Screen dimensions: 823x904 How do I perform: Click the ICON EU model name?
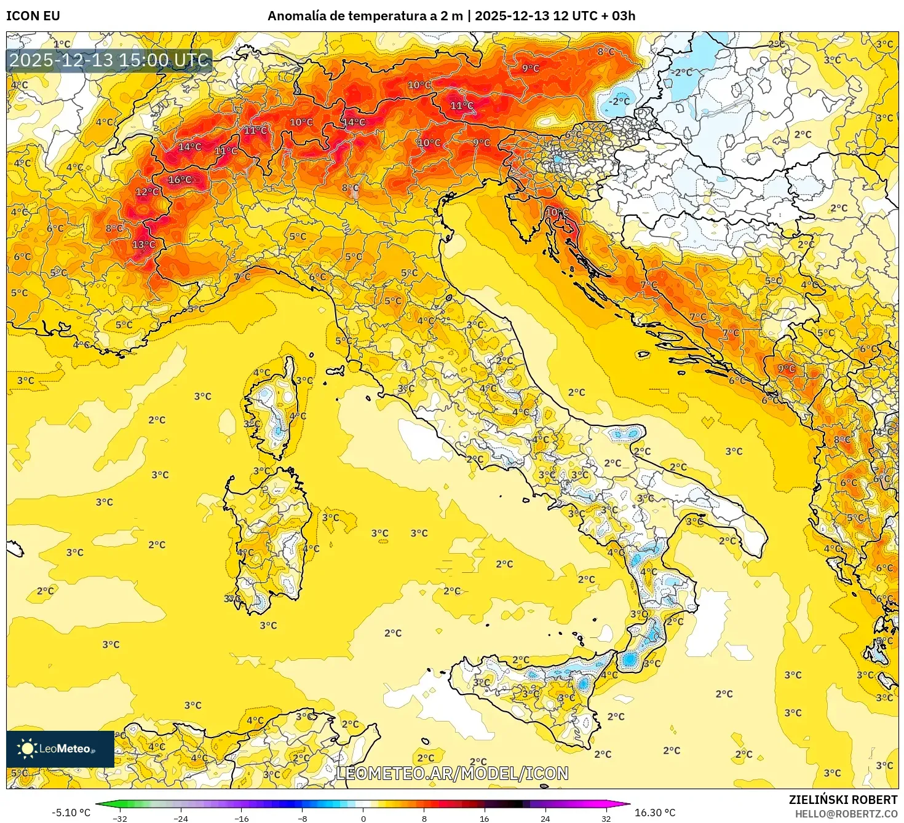[33, 16]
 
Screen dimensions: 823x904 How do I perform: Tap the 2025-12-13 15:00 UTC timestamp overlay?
[109, 60]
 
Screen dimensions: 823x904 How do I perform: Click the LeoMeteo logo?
[60, 749]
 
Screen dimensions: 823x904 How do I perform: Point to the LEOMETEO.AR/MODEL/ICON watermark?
[452, 773]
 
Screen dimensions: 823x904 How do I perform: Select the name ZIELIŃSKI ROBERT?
[843, 800]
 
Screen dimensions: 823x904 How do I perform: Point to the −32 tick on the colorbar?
[120, 818]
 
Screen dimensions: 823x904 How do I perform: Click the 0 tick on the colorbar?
[363, 818]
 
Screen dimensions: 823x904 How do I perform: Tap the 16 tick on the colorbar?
[485, 818]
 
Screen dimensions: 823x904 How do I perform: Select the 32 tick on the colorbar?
[606, 818]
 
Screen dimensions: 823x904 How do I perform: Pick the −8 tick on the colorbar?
[303, 818]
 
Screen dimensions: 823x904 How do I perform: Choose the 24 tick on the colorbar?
[545, 818]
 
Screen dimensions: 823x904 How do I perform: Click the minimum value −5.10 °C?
[71, 813]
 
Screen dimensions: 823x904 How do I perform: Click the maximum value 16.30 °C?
[655, 813]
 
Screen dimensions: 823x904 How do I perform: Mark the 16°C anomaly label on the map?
[180, 180]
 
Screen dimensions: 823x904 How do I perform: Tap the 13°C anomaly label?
[144, 245]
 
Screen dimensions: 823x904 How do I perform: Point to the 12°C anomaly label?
[147, 192]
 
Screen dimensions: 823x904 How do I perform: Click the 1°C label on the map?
[61, 44]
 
